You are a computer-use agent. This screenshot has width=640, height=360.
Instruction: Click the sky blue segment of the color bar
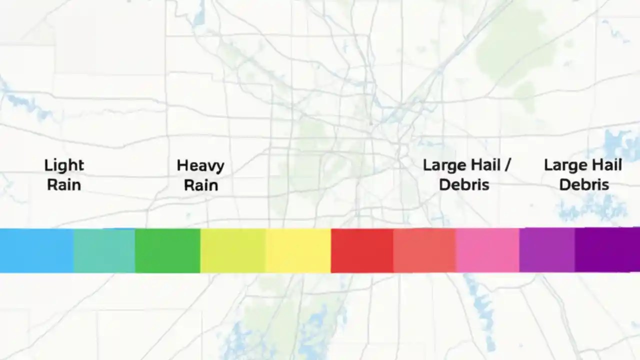[36, 250]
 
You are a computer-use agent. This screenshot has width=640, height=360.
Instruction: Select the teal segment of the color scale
[104, 250]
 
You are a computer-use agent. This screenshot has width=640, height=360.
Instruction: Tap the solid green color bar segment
[167, 250]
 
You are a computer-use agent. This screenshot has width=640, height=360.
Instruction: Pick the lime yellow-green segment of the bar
[233, 250]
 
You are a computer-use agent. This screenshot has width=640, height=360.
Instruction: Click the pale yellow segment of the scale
[298, 250]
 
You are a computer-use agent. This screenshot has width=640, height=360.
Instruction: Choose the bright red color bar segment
[362, 250]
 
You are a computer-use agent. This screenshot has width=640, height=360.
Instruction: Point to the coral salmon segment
[424, 250]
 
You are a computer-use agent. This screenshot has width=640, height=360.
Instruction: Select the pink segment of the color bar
[487, 250]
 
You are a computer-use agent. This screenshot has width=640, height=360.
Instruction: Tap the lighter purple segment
[547, 250]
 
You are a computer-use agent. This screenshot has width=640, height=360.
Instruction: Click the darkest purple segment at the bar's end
[607, 250]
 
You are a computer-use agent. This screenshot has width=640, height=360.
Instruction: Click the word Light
[64, 165]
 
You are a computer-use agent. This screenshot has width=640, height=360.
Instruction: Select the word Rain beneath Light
[64, 185]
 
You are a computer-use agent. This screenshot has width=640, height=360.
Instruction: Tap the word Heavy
[200, 165]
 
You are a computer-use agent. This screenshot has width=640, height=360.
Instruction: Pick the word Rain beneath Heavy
[200, 185]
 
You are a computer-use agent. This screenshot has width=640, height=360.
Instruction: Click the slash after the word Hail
[507, 165]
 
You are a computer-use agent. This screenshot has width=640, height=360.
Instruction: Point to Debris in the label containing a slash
[464, 185]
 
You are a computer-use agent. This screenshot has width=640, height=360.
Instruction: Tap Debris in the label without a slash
[583, 185]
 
